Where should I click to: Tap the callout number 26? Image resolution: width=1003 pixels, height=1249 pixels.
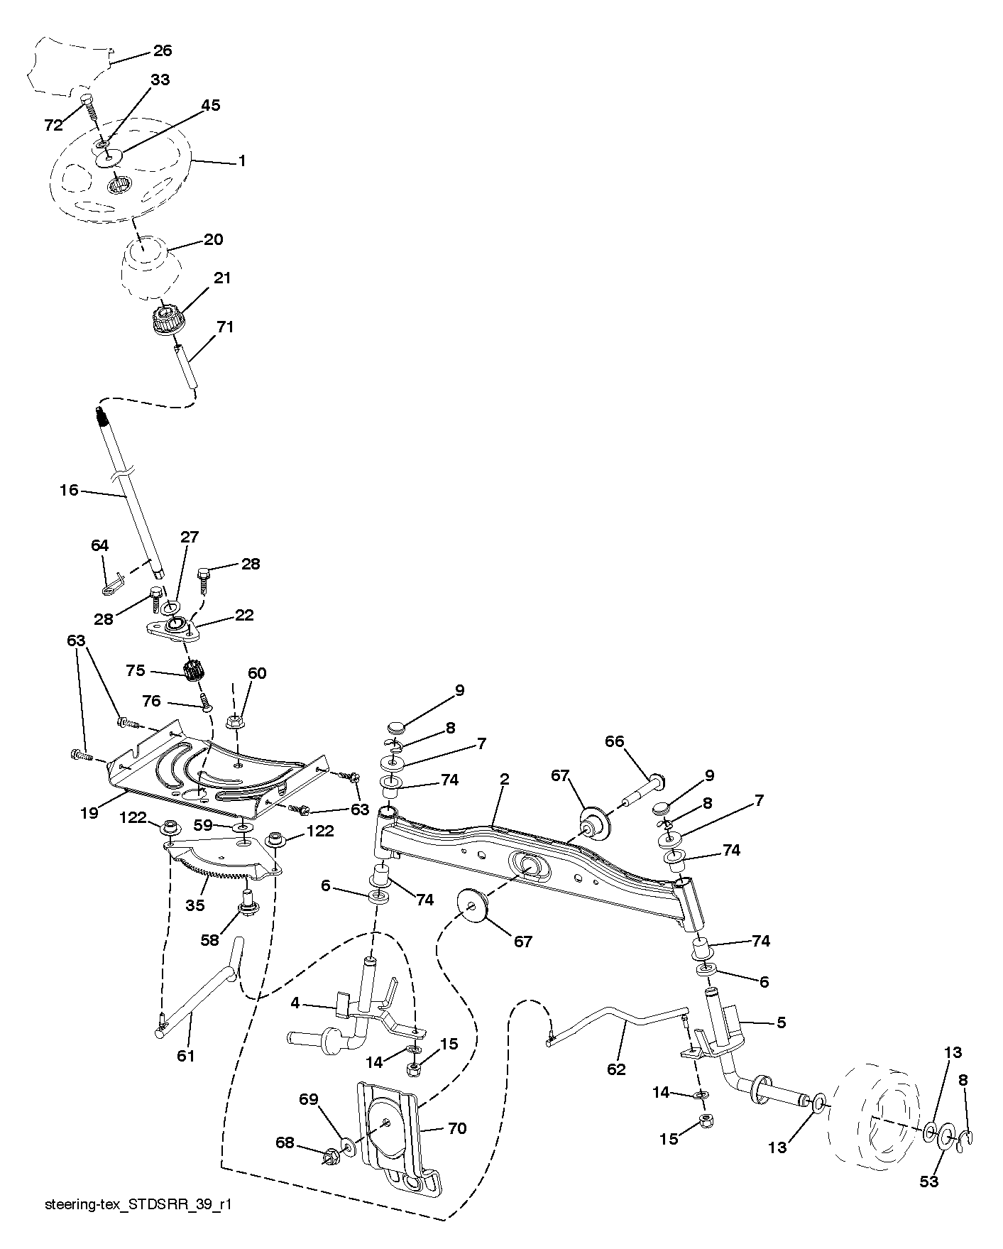(x=163, y=51)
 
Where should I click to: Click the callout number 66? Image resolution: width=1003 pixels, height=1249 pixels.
(x=615, y=741)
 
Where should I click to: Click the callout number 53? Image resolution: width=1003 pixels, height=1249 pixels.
(x=929, y=1182)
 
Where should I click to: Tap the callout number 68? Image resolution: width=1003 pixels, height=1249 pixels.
(x=285, y=1143)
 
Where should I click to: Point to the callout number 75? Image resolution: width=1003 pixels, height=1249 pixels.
(x=135, y=671)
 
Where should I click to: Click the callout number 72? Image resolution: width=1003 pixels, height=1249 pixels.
(x=53, y=126)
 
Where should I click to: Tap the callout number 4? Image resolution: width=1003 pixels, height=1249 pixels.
(x=295, y=1004)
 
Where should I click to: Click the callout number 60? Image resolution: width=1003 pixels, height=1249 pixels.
(x=257, y=673)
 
